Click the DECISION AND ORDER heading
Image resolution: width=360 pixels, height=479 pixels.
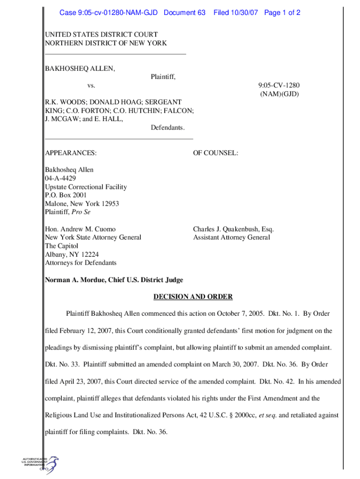pos(193,297)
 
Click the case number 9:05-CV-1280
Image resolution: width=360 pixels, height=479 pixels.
pos(279,85)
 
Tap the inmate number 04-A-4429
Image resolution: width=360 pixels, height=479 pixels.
pos(60,178)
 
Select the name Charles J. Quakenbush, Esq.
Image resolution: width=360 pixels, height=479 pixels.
pos(233,229)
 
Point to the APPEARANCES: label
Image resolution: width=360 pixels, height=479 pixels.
pos(71,153)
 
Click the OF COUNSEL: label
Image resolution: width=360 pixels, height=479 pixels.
pos(216,153)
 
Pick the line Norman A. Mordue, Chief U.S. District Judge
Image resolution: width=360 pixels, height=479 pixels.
pos(114,280)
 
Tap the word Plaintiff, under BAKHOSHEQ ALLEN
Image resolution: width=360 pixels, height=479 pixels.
pos(163,77)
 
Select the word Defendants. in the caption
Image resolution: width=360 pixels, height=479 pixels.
pos(167,127)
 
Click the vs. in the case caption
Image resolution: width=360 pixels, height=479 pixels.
pos(92,85)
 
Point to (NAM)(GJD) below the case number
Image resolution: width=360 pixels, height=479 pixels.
pos(279,94)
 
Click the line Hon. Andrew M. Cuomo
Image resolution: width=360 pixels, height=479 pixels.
pos(80,229)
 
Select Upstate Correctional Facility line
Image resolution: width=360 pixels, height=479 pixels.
pos(86,187)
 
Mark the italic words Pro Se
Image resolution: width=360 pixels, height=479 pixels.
pos(85,212)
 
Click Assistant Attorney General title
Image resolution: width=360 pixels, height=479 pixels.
pos(231,238)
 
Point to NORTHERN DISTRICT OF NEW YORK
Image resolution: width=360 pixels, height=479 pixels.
pos(106,43)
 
